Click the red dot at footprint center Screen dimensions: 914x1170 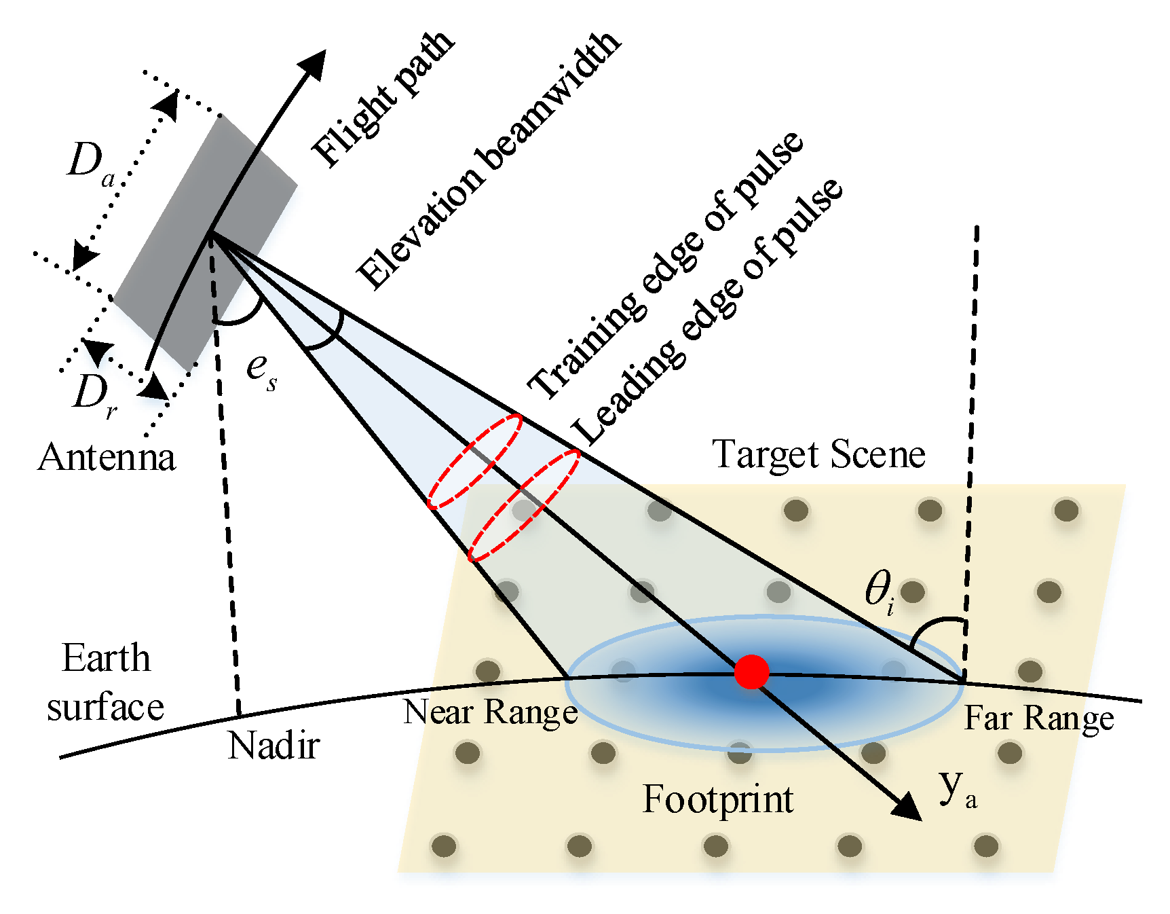[751, 672]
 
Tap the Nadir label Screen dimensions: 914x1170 [273, 746]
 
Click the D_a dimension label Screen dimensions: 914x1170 [91, 164]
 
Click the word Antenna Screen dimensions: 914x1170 [107, 457]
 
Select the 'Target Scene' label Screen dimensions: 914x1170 [818, 454]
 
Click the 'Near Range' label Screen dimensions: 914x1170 [490, 713]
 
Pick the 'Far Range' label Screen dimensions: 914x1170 [1039, 718]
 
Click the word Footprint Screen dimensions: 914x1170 [718, 799]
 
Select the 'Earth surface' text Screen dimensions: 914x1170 [106, 682]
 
